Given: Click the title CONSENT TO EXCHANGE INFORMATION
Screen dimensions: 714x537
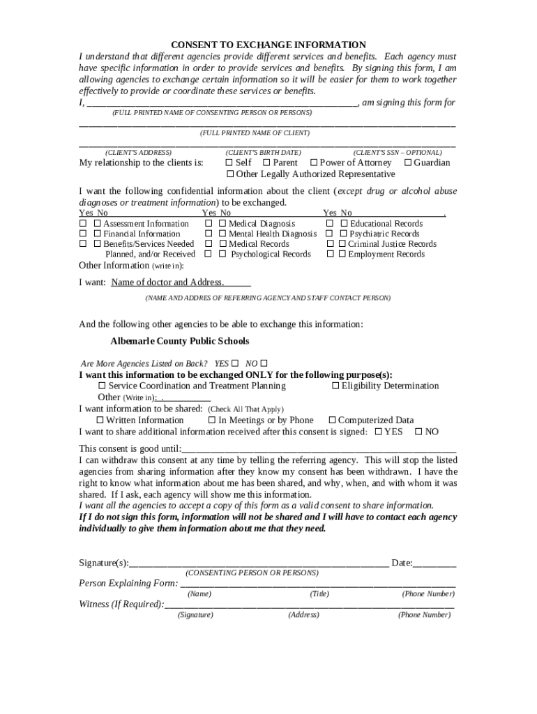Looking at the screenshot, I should [268, 45].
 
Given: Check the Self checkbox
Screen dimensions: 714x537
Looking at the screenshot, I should [229, 162].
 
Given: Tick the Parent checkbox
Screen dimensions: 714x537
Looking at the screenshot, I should [266, 162].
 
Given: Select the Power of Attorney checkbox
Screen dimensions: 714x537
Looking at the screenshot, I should [313, 162].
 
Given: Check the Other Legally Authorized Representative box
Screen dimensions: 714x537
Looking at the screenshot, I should [229, 174].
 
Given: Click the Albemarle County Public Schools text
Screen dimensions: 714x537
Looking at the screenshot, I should [179, 341].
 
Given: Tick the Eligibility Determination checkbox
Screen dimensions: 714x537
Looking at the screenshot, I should [335, 386].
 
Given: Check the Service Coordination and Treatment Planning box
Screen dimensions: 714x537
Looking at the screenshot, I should [103, 386].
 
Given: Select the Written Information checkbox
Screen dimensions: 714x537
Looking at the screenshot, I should [100, 420].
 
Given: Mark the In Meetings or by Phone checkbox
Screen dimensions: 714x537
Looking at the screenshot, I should [212, 420].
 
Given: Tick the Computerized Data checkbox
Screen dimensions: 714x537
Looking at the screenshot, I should [332, 420].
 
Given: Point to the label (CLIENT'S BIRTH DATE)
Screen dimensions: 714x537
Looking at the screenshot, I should [263, 152].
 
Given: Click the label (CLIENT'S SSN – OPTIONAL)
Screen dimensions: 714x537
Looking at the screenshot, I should [397, 152].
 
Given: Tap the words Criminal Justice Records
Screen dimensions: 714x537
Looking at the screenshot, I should [392, 244].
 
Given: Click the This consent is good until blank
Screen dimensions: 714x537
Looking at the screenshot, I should [319, 450].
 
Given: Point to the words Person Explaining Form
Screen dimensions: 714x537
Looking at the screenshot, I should [128, 583].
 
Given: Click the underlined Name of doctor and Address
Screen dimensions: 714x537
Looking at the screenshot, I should [167, 282].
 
